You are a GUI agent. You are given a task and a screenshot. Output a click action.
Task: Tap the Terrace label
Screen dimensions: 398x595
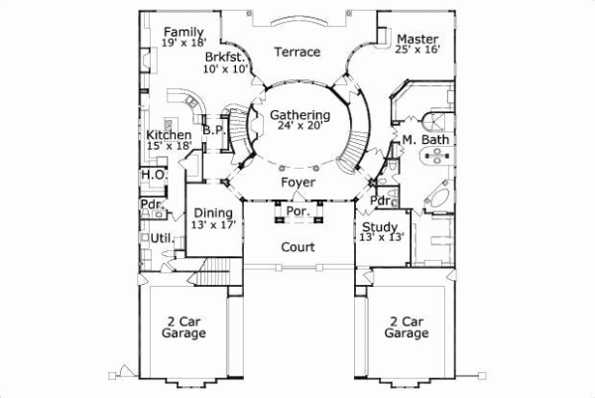click(x=297, y=52)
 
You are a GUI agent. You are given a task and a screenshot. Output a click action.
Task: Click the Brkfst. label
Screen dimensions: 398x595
click(x=224, y=58)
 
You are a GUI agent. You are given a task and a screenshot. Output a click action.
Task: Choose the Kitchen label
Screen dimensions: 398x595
click(x=169, y=135)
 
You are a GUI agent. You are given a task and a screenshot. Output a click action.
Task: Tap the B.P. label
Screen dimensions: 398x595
click(x=211, y=129)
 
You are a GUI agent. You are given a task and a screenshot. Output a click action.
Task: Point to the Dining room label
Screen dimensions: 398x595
click(x=213, y=212)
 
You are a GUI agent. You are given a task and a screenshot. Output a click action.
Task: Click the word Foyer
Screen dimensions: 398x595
click(x=297, y=184)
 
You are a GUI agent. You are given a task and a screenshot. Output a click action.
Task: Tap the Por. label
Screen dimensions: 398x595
click(x=297, y=211)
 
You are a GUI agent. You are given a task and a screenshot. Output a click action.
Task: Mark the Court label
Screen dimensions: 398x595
click(x=297, y=246)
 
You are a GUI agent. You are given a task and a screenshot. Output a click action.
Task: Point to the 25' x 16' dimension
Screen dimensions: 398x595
click(x=416, y=48)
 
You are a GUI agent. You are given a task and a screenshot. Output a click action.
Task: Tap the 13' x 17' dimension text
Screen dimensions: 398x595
click(x=213, y=224)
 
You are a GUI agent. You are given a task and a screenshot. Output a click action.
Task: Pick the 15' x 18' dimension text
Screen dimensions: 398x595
click(x=169, y=147)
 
